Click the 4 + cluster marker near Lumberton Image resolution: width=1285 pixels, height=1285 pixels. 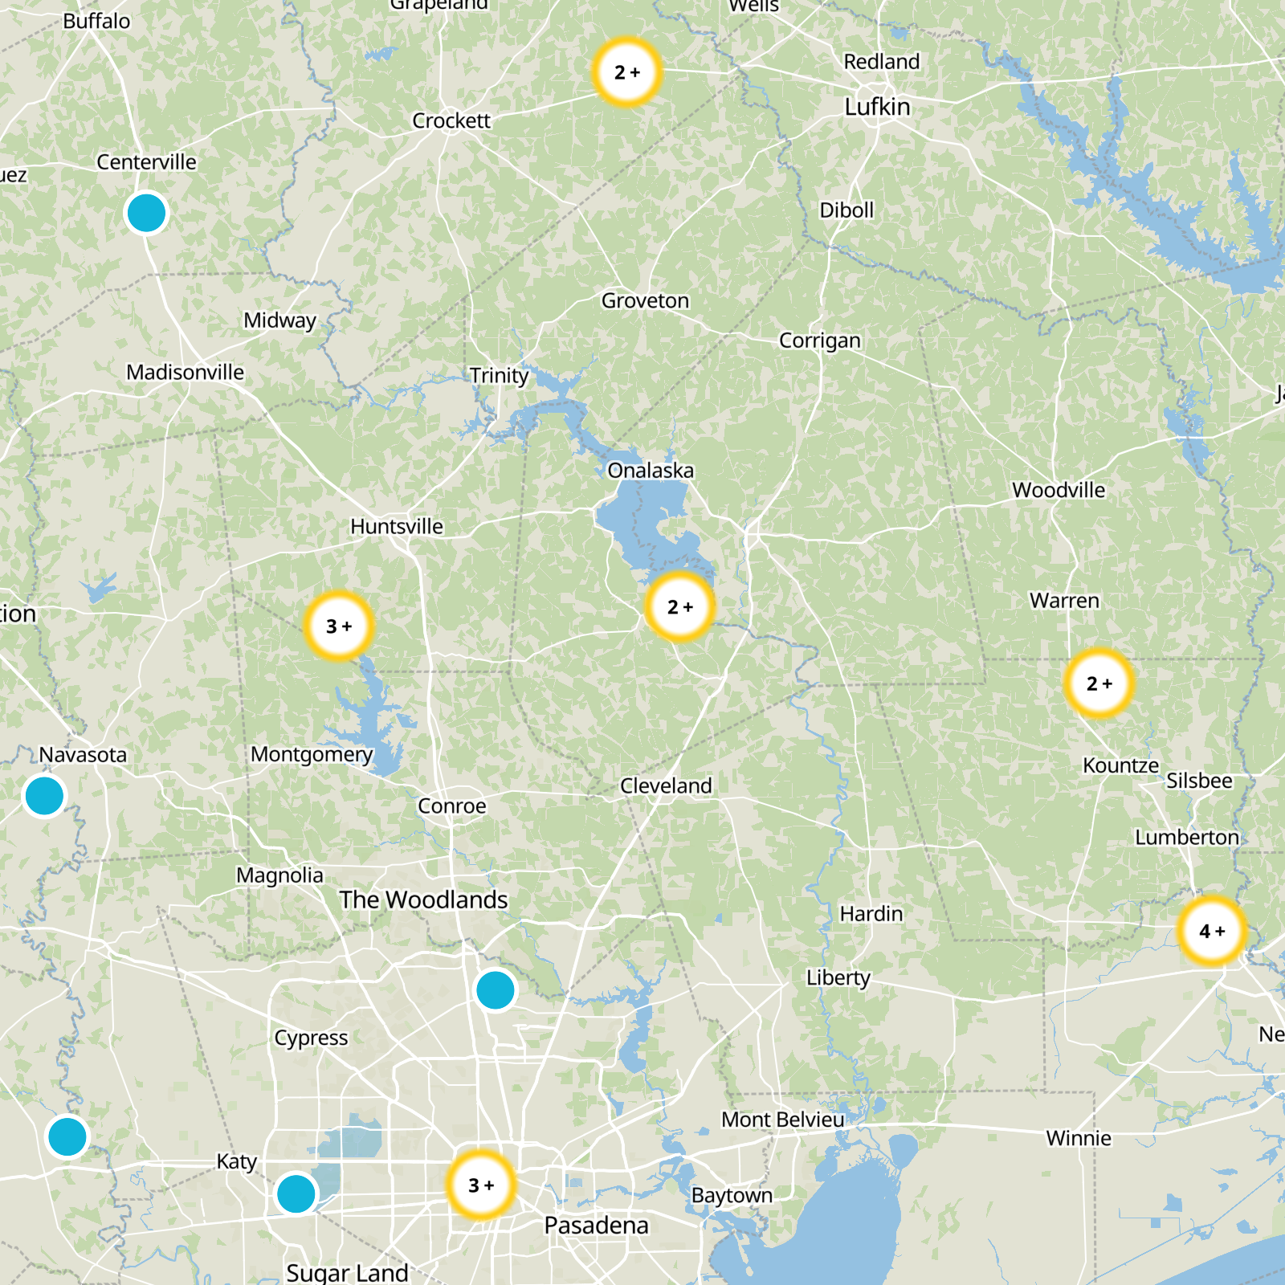[x=1212, y=931]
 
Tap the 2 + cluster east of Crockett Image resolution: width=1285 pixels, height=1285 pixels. [x=626, y=72]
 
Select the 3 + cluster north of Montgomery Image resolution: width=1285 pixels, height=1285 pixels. [x=339, y=626]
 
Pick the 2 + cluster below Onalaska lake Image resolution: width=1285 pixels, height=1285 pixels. [x=679, y=607]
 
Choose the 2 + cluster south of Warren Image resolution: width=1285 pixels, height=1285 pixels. [x=1099, y=683]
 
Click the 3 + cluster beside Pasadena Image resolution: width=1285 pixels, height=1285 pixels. [x=480, y=1185]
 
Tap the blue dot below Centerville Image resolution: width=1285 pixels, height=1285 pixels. [x=146, y=214]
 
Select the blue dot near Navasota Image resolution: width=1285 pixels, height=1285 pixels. [x=44, y=796]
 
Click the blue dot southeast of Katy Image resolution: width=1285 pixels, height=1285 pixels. [x=296, y=1193]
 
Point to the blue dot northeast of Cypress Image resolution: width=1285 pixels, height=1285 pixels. [x=495, y=990]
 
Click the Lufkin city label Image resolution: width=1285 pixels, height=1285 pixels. [x=877, y=107]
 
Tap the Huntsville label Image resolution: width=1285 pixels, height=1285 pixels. [x=397, y=527]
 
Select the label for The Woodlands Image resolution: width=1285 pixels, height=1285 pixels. [x=423, y=899]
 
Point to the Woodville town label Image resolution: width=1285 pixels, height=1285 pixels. [x=1059, y=490]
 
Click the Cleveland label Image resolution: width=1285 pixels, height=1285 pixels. [x=666, y=785]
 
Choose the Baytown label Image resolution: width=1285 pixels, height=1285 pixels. [x=732, y=1196]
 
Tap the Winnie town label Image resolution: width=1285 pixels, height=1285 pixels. [x=1079, y=1138]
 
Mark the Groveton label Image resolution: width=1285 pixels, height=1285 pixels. [x=645, y=301]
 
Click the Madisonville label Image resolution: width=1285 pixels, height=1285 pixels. [x=185, y=373]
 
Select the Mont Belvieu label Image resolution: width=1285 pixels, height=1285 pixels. [x=782, y=1120]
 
